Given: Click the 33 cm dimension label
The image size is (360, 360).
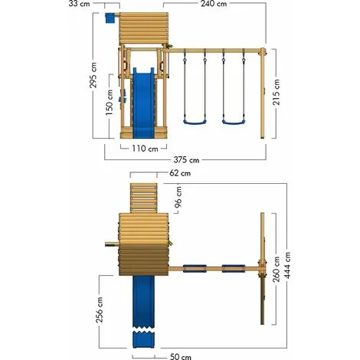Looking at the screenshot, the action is [x=79, y=4].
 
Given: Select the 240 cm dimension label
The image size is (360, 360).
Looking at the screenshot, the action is [x=214, y=4].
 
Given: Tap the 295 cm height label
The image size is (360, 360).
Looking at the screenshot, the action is [x=93, y=75].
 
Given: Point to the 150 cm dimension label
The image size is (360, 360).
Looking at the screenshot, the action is [x=110, y=102].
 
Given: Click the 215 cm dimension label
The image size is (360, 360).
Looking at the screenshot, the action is [x=276, y=92].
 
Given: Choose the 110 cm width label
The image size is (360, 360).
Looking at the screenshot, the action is [x=145, y=149].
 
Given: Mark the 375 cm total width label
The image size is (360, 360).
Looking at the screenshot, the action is [x=186, y=160].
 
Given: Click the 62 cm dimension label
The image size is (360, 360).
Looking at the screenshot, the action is [x=180, y=173].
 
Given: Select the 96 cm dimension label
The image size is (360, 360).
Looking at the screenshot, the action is [x=178, y=197].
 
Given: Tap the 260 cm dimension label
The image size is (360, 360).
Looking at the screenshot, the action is [x=276, y=270].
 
